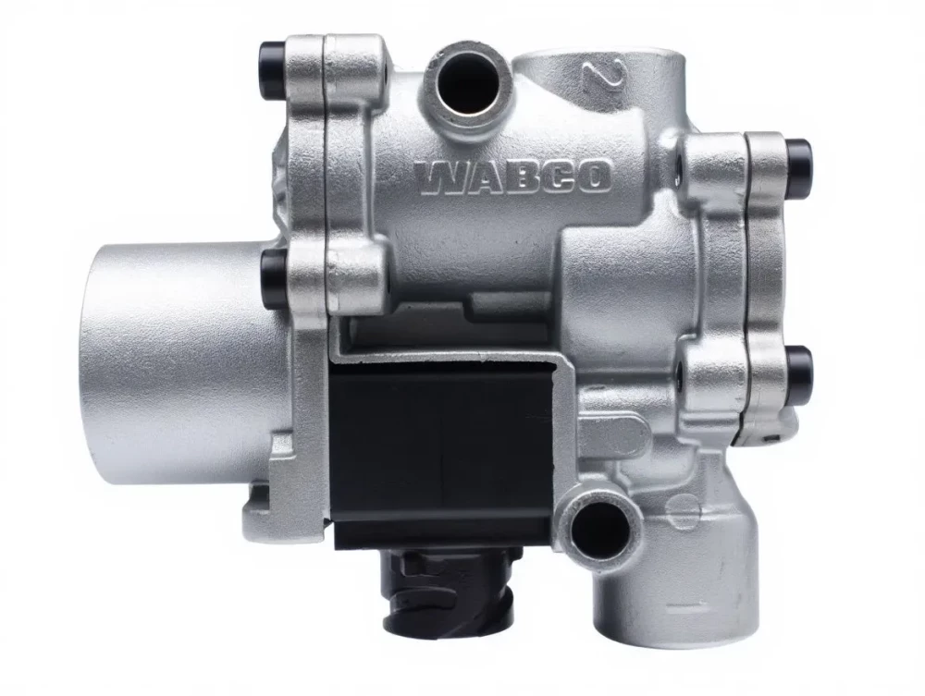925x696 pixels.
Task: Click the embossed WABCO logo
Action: tap(512, 177)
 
